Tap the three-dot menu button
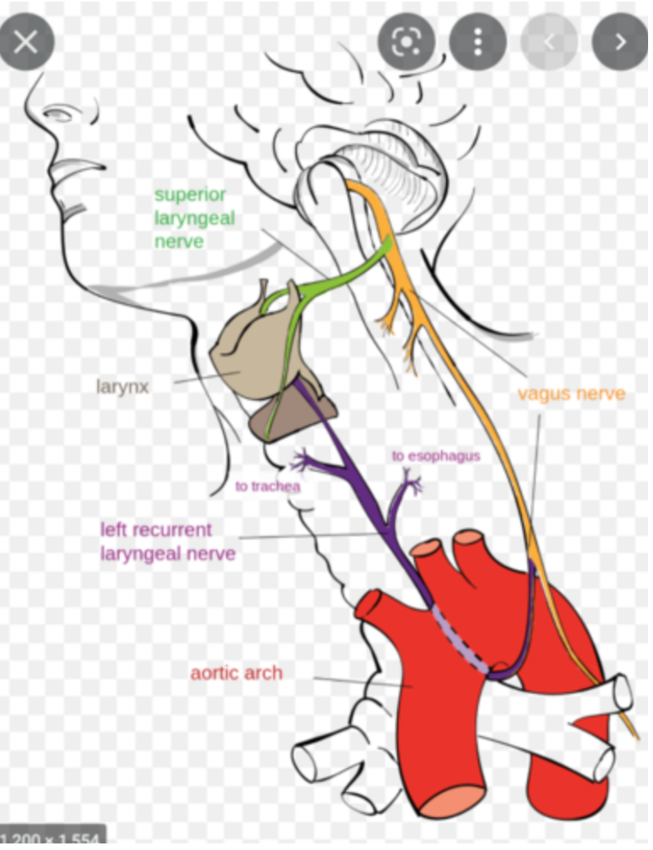(479, 42)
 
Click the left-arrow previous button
(549, 42)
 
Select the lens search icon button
(407, 42)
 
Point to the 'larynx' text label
(123, 387)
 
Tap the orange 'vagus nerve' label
(571, 394)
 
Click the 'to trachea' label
(268, 486)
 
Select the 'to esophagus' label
(435, 455)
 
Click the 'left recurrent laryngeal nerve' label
(168, 541)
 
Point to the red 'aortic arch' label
(236, 673)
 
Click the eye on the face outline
(58, 114)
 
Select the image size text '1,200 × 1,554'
(51, 840)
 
